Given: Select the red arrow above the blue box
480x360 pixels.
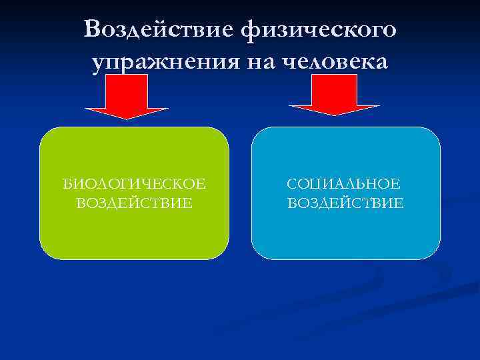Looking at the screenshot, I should pyautogui.click(x=334, y=93).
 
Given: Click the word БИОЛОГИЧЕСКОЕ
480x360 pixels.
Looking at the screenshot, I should pyautogui.click(x=134, y=183).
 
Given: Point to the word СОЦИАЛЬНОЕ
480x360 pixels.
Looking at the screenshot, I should pyautogui.click(x=344, y=183).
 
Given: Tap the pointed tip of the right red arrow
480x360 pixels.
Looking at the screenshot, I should pyautogui.click(x=335, y=114).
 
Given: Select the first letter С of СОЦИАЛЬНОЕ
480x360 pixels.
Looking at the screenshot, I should pyautogui.click(x=292, y=183).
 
